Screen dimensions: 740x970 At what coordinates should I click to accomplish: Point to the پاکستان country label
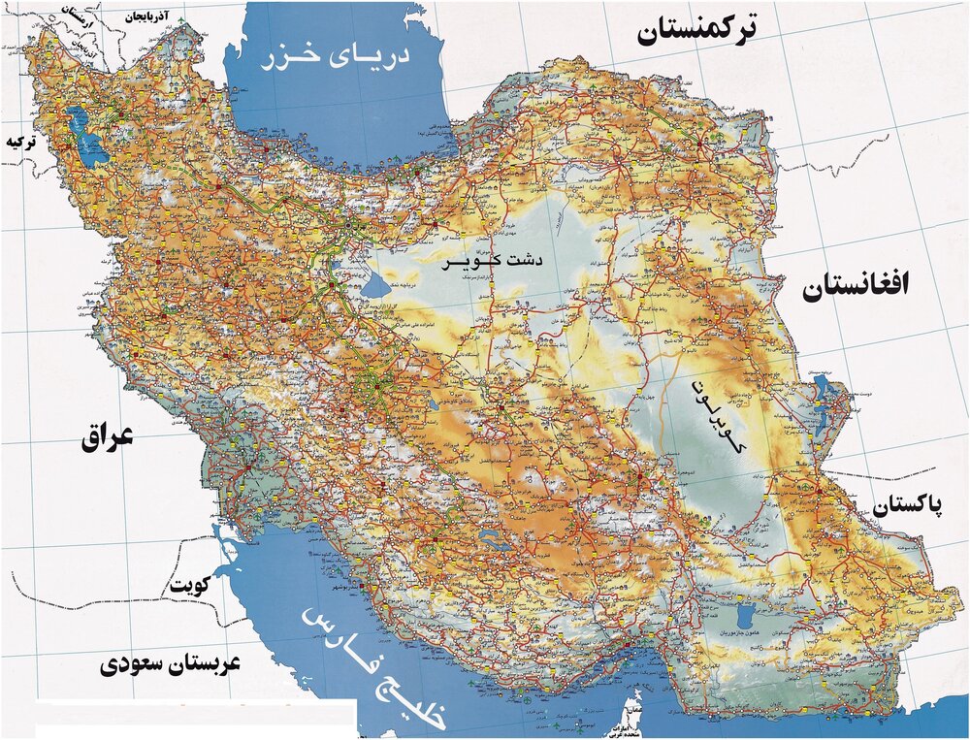pyautogui.click(x=910, y=506)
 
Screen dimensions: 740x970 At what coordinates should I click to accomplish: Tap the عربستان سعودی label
pyautogui.click(x=170, y=664)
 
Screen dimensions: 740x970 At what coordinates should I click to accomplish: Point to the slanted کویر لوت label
pyautogui.click(x=716, y=417)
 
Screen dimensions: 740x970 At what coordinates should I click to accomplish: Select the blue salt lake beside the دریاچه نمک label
pyautogui.click(x=375, y=288)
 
